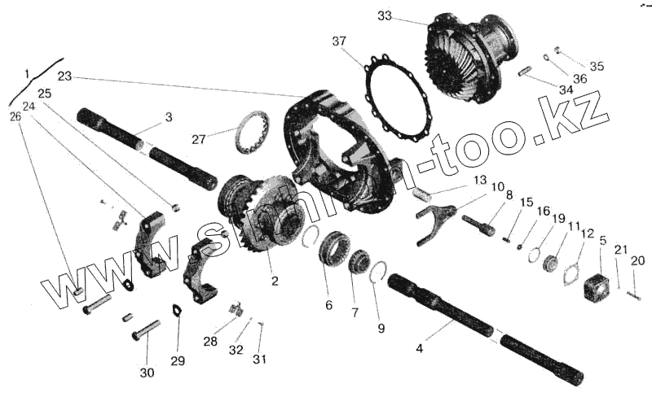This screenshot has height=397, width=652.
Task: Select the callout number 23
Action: click(x=65, y=76)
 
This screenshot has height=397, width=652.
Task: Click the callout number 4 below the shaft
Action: click(x=420, y=349)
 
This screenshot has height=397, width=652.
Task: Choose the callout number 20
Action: click(x=637, y=260)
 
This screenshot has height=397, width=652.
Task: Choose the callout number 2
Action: click(x=275, y=282)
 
